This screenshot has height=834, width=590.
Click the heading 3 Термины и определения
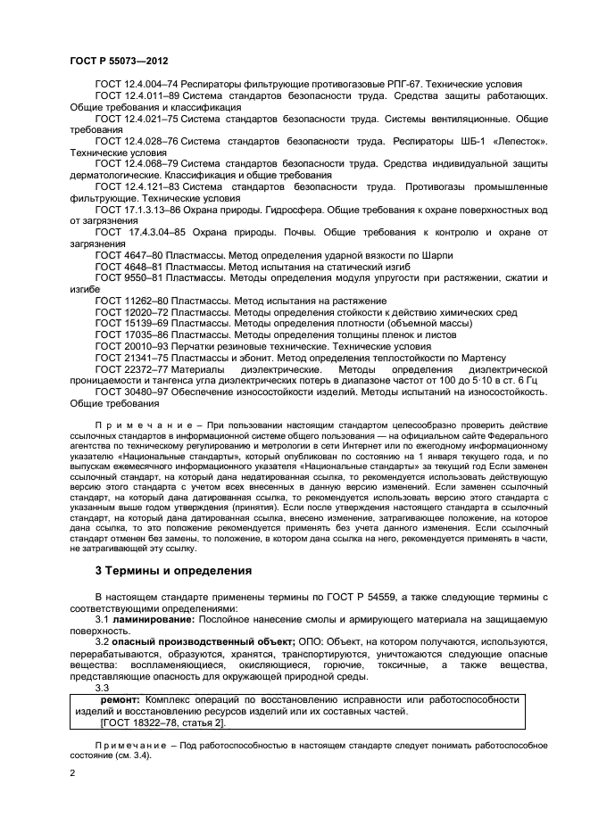click(x=173, y=570)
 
